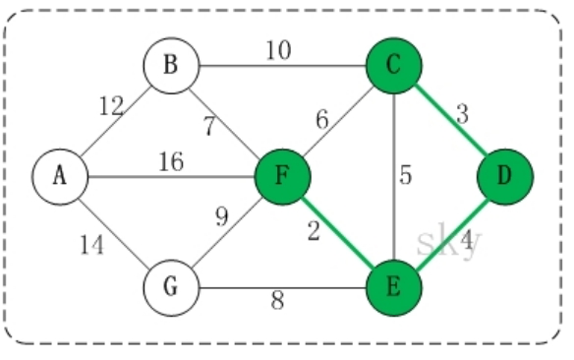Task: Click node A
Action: pyautogui.click(x=59, y=177)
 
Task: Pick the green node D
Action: pyautogui.click(x=505, y=177)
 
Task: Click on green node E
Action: pyautogui.click(x=393, y=289)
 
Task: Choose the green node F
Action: pyautogui.click(x=282, y=177)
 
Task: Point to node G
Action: pyautogui.click(x=171, y=289)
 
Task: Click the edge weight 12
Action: pyautogui.click(x=112, y=107)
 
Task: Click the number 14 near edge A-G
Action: pyautogui.click(x=91, y=247)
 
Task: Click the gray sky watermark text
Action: pyautogui.click(x=448, y=241)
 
